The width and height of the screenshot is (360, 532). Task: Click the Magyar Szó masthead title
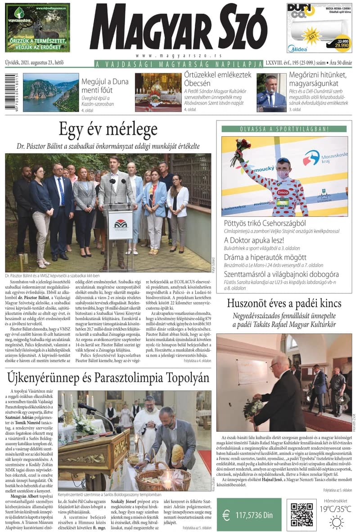(x=178, y=28)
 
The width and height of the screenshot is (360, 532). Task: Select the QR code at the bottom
(x=301, y=514)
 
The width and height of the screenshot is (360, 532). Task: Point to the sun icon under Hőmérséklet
(x=336, y=522)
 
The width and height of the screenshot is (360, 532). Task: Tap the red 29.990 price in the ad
(x=341, y=45)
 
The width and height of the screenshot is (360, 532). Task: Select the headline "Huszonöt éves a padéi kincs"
(x=283, y=303)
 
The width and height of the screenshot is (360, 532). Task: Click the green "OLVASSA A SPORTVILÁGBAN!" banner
(x=283, y=129)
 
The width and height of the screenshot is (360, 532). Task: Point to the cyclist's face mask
(x=283, y=174)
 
